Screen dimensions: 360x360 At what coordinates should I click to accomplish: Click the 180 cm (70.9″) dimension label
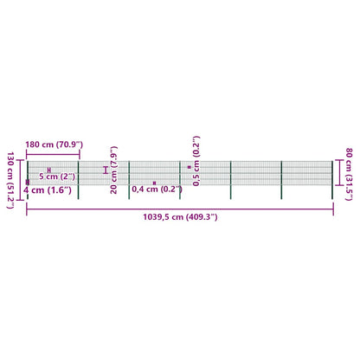(x=54, y=145)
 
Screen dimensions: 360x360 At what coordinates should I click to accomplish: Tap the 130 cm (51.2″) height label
(x=10, y=180)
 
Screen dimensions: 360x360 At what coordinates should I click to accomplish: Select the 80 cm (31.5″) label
(x=349, y=174)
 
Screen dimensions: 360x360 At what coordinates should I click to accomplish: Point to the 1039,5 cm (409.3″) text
(x=180, y=217)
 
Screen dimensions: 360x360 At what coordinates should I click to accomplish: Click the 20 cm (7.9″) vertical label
(x=113, y=170)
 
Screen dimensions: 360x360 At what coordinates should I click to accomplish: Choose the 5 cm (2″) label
(x=57, y=177)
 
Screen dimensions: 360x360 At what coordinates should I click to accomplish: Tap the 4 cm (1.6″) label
(x=48, y=190)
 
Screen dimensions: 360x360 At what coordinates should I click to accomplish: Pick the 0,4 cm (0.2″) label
(x=157, y=190)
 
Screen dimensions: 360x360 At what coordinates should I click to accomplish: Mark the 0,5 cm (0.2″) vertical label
(x=196, y=161)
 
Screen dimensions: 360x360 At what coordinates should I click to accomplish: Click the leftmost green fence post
(x=28, y=180)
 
